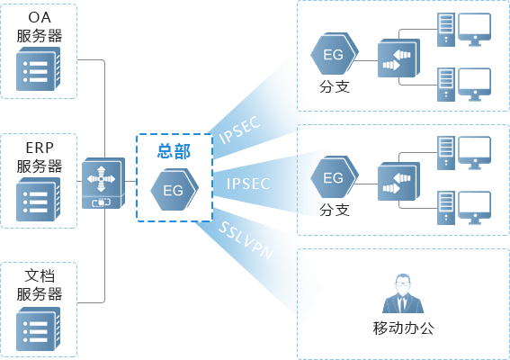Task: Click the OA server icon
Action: [39, 68]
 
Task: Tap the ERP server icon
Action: [39, 199]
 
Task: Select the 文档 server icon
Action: [39, 328]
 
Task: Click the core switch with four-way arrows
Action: [103, 183]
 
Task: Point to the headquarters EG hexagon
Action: [174, 189]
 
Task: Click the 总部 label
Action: [174, 151]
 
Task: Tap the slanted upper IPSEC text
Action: [240, 130]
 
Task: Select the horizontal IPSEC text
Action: [248, 184]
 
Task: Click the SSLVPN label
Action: [246, 240]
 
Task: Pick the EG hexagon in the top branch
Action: [335, 53]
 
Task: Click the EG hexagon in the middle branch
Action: [335, 176]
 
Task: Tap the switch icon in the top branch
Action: [398, 58]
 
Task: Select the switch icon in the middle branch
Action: [398, 182]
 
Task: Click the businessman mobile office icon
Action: [403, 293]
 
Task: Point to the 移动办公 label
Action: [403, 328]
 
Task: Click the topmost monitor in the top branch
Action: [475, 30]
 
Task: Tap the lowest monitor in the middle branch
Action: [475, 208]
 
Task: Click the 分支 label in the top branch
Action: [335, 86]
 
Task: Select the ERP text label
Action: [40, 148]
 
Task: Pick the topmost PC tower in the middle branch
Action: [446, 153]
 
